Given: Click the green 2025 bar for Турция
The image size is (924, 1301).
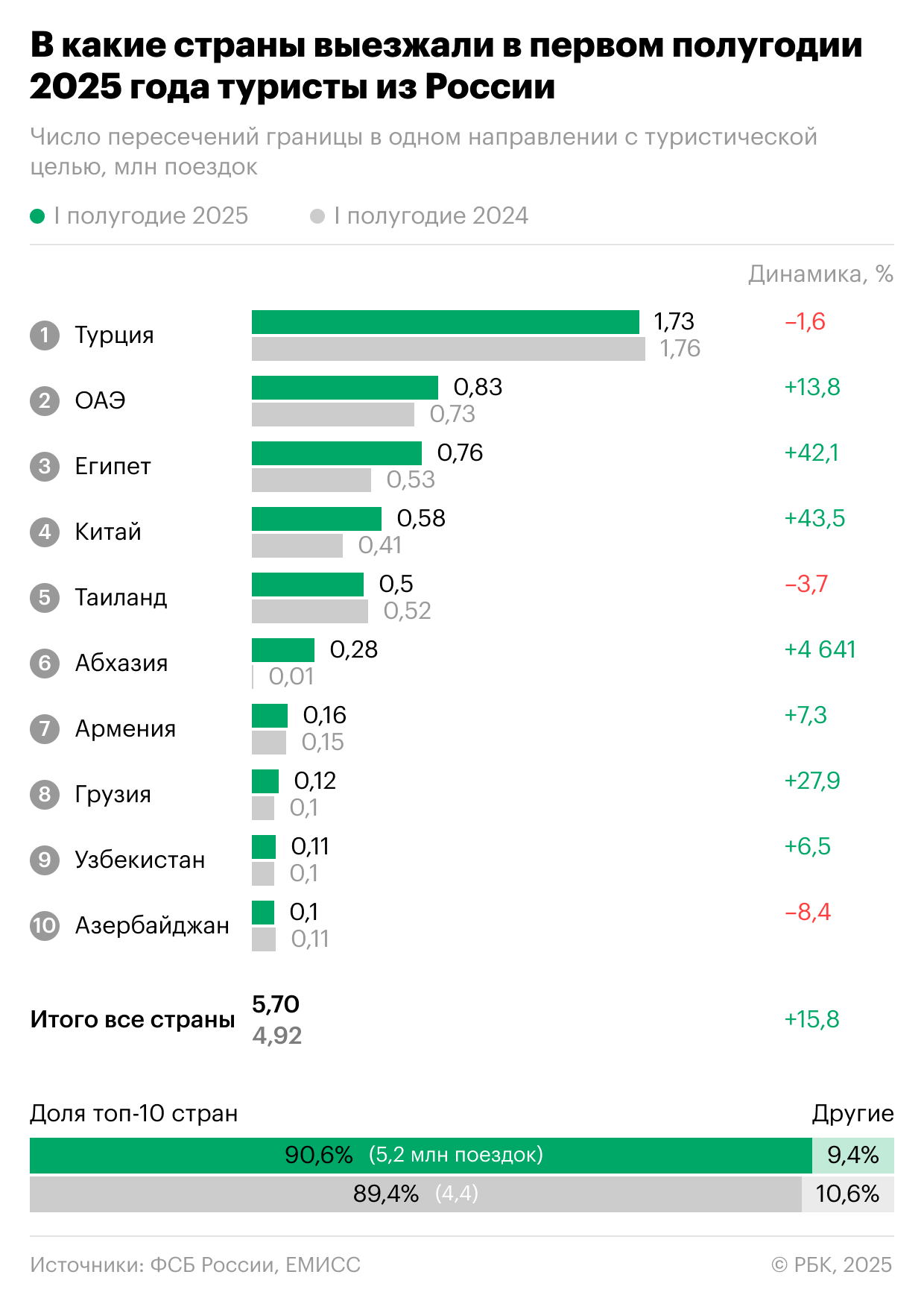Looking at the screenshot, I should pyautogui.click(x=445, y=322).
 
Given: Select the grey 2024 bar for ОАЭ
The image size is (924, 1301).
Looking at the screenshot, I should pyautogui.click(x=332, y=415).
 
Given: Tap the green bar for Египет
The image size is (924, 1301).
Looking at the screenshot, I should pyautogui.click(x=336, y=453).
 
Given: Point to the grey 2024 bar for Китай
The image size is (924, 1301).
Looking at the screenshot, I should pyautogui.click(x=297, y=546).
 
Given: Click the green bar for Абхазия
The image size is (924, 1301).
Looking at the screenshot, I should pyautogui.click(x=282, y=650).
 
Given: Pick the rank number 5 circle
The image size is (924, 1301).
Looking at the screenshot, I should pyautogui.click(x=45, y=597).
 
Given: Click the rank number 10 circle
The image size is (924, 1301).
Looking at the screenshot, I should pyautogui.click(x=45, y=925).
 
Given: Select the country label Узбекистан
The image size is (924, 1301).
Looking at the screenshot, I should pyautogui.click(x=139, y=860).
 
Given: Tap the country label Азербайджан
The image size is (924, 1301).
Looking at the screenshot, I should pyautogui.click(x=152, y=925).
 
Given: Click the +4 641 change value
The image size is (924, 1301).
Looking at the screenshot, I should pyautogui.click(x=820, y=649).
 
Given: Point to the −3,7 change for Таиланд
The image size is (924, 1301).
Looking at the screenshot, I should pyautogui.click(x=806, y=584).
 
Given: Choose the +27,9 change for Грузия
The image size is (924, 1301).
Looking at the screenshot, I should pyautogui.click(x=811, y=781).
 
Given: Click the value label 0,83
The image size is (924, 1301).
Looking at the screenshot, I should pyautogui.click(x=478, y=387).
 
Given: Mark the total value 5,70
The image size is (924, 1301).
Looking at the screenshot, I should pyautogui.click(x=276, y=1004).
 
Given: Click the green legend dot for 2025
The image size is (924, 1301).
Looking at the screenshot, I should pyautogui.click(x=37, y=216).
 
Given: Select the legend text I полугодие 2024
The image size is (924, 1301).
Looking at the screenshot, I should pyautogui.click(x=431, y=216).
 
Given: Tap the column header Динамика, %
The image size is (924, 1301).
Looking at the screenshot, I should pyautogui.click(x=820, y=274).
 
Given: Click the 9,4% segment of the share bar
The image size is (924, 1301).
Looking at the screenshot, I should pyautogui.click(x=852, y=1155).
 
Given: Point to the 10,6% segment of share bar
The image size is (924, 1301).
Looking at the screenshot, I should pyautogui.click(x=847, y=1194).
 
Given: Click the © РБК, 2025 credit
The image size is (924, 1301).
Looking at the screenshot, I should pyautogui.click(x=832, y=1264).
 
